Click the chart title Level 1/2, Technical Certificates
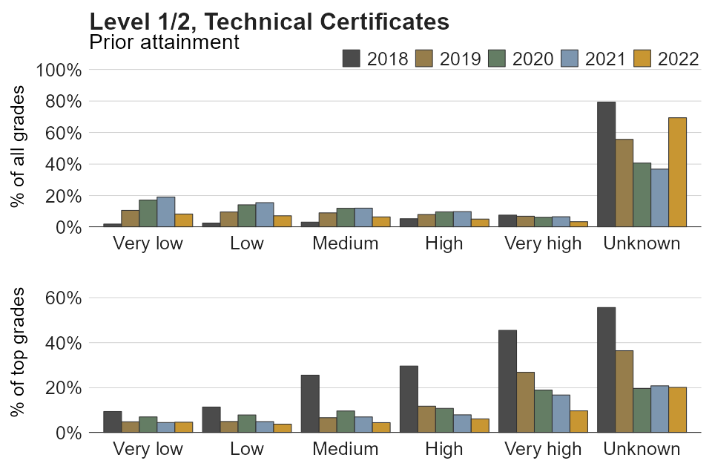click(268, 22)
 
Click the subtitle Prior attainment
click(164, 42)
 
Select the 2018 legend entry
click(375, 59)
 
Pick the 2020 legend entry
click(521, 59)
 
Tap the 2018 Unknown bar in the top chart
click(606, 165)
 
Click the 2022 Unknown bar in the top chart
click(677, 172)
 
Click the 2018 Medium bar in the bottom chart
click(310, 404)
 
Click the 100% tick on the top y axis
click(59, 70)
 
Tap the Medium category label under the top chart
click(345, 243)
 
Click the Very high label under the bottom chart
click(543, 449)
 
